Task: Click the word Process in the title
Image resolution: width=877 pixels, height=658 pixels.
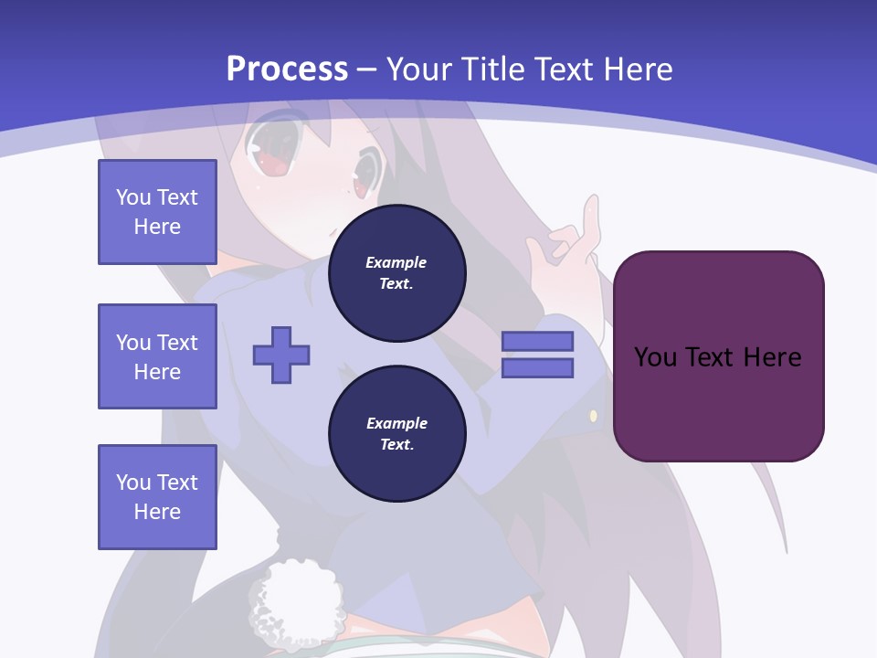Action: (287, 69)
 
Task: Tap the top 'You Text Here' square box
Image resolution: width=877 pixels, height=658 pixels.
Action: (157, 212)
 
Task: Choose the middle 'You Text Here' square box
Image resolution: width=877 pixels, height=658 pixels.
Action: (157, 356)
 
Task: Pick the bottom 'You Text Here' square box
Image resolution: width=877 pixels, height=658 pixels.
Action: (157, 497)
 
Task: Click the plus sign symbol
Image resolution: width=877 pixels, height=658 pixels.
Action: (281, 355)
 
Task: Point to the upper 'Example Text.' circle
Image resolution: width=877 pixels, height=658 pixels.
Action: (396, 273)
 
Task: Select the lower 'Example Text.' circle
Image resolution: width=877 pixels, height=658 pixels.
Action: (396, 434)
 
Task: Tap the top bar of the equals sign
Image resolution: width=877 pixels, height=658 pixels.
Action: (537, 341)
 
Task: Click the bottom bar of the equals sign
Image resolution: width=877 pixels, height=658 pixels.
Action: (537, 368)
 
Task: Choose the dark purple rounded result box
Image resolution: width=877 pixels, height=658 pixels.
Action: (718, 356)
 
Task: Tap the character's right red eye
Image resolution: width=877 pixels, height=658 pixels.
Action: (365, 175)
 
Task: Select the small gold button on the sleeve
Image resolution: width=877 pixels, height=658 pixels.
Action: (593, 416)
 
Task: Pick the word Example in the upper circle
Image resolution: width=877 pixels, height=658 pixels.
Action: (396, 262)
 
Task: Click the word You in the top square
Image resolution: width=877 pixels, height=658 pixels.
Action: (133, 197)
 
